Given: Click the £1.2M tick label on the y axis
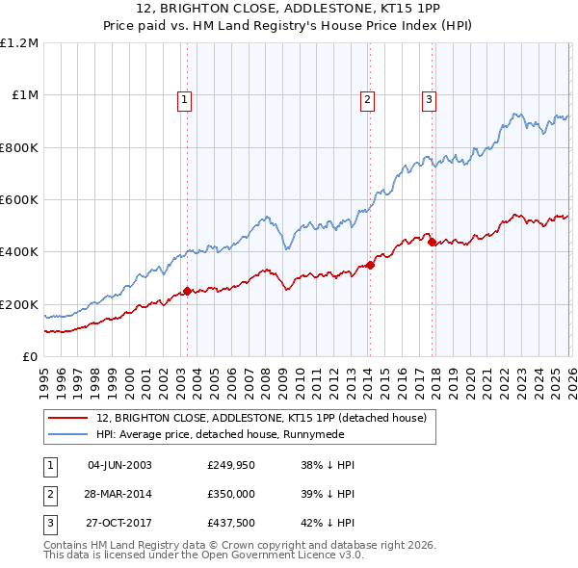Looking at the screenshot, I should click(19, 43).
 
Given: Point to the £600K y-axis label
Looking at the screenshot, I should click(19, 200).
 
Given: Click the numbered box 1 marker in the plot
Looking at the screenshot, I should click(183, 97).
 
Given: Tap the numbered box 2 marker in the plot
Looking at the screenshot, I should click(367, 97).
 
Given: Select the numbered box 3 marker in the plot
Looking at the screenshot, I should click(429, 97).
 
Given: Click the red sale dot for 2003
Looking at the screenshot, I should click(187, 291).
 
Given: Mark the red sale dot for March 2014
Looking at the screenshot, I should click(371, 265).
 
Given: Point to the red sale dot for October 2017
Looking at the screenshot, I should click(432, 242).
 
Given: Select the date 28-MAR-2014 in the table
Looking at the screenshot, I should click(119, 495).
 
